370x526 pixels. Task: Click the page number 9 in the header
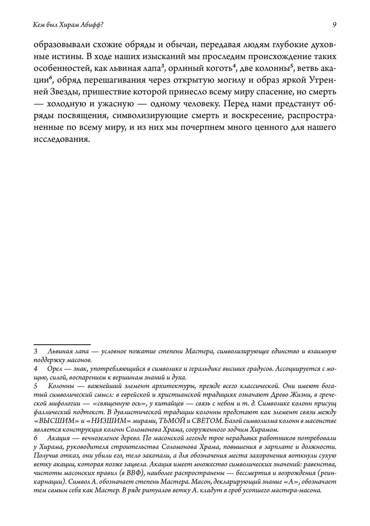334,25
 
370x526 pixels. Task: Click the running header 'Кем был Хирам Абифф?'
68,25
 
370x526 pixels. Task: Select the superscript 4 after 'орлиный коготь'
235,67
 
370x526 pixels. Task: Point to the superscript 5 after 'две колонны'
292,67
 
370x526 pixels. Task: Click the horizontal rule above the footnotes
62,344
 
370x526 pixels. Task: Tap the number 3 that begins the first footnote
36,351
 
